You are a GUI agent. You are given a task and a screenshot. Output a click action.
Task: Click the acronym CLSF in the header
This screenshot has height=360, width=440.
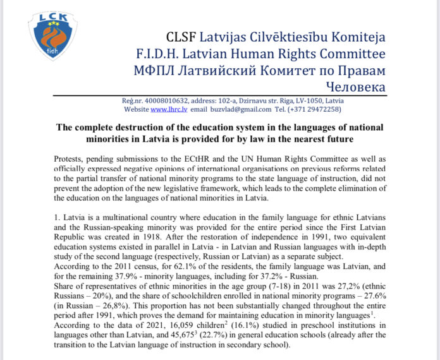[181, 37]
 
